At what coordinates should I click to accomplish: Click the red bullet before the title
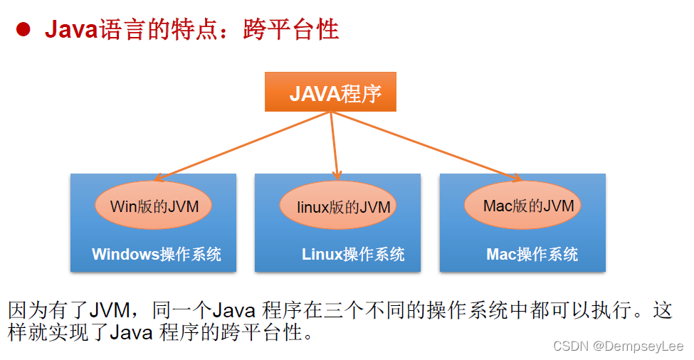click(23, 30)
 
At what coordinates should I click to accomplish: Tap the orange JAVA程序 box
click(330, 92)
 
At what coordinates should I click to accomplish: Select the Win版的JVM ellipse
click(153, 206)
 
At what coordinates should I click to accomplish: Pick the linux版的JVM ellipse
click(337, 206)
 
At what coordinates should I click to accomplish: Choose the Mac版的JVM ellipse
click(522, 206)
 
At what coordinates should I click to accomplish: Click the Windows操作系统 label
click(157, 254)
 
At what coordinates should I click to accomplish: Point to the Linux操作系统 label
click(353, 254)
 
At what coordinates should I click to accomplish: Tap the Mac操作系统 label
click(532, 254)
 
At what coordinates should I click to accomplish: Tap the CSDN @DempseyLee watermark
click(618, 346)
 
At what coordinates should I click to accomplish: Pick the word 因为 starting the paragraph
click(26, 311)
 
